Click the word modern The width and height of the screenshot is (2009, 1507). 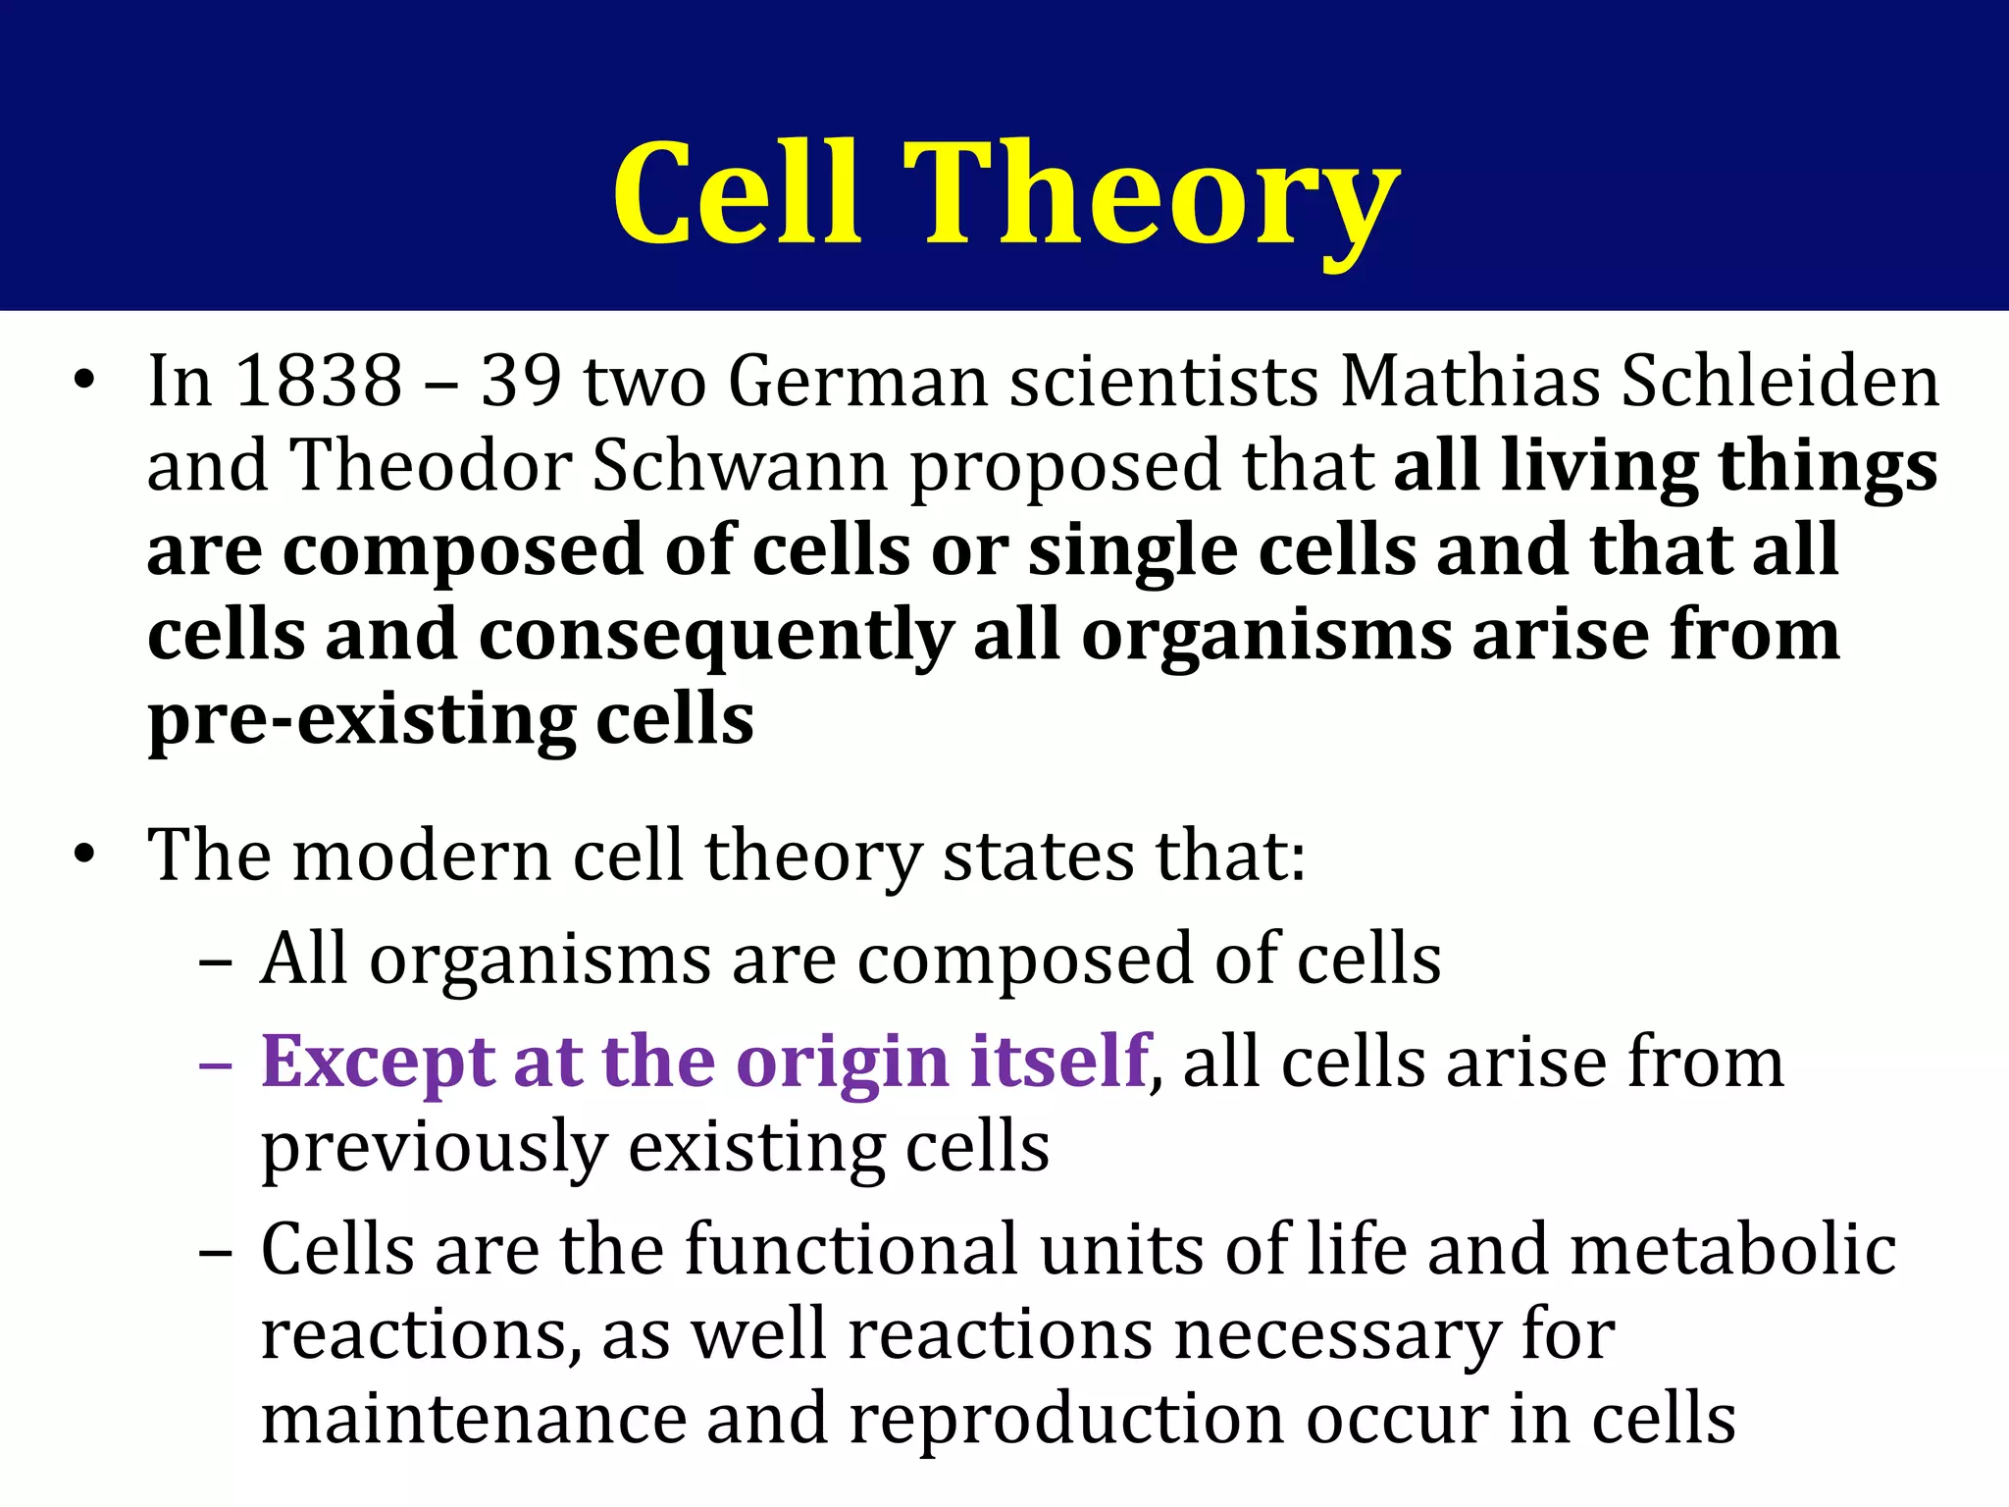pyautogui.click(x=422, y=856)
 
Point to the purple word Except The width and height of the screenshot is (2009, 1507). pyautogui.click(x=378, y=1063)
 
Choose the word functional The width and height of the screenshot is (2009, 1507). pyautogui.click(x=850, y=1250)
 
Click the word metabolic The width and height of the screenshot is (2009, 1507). pyautogui.click(x=1732, y=1250)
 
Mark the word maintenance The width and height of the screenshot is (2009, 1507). pyautogui.click(x=474, y=1420)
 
